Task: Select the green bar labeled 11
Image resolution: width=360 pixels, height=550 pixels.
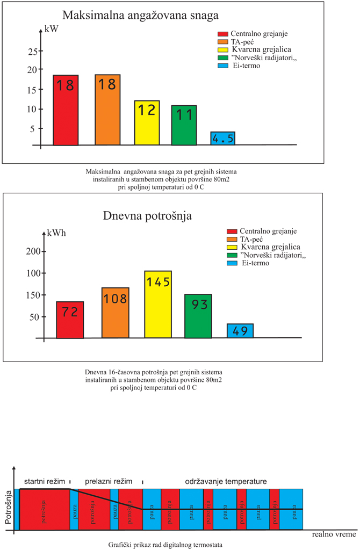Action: coord(184,125)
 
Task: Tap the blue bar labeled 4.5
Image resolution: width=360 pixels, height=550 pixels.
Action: coord(222,139)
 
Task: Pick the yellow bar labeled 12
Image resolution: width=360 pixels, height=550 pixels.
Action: coord(147,122)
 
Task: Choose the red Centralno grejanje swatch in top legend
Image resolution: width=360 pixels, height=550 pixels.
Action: coord(222,35)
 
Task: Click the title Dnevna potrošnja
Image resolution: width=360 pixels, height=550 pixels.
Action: coord(147,216)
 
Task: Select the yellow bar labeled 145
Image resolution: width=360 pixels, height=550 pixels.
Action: coord(157,305)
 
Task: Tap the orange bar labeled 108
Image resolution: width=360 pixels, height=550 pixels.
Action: coord(116,313)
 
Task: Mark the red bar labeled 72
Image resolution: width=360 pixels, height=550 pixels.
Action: coord(70,320)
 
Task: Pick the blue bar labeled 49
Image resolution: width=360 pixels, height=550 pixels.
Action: coord(240,331)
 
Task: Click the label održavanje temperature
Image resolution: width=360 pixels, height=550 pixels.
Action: coord(226,480)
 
